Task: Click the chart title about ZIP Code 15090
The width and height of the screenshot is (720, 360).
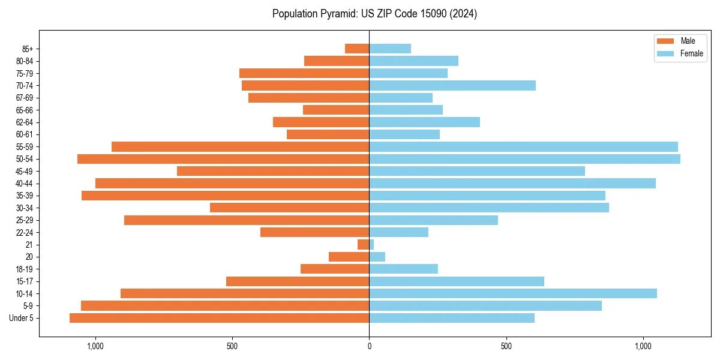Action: [374, 14]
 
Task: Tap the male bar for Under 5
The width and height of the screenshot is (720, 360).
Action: [219, 318]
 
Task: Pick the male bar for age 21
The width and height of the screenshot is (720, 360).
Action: [364, 245]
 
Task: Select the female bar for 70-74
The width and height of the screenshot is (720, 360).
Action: [452, 86]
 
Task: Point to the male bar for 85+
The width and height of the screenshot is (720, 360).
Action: [357, 49]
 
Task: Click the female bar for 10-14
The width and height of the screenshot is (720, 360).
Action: [513, 293]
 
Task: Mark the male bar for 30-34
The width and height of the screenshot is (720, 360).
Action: [290, 208]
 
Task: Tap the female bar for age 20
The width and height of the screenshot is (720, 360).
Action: [377, 257]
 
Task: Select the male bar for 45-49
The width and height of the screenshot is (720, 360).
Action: [273, 171]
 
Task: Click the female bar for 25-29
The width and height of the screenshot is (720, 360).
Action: [433, 220]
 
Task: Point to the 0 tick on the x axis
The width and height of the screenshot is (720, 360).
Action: [369, 346]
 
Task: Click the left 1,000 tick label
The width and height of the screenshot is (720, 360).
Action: [95, 346]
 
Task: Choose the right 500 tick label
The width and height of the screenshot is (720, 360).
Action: [506, 346]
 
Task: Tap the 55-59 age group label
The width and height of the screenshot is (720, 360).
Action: [25, 147]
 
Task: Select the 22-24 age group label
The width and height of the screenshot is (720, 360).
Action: [25, 233]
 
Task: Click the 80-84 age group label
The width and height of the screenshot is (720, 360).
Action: [25, 61]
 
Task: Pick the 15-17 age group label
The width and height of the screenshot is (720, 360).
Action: [25, 281]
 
